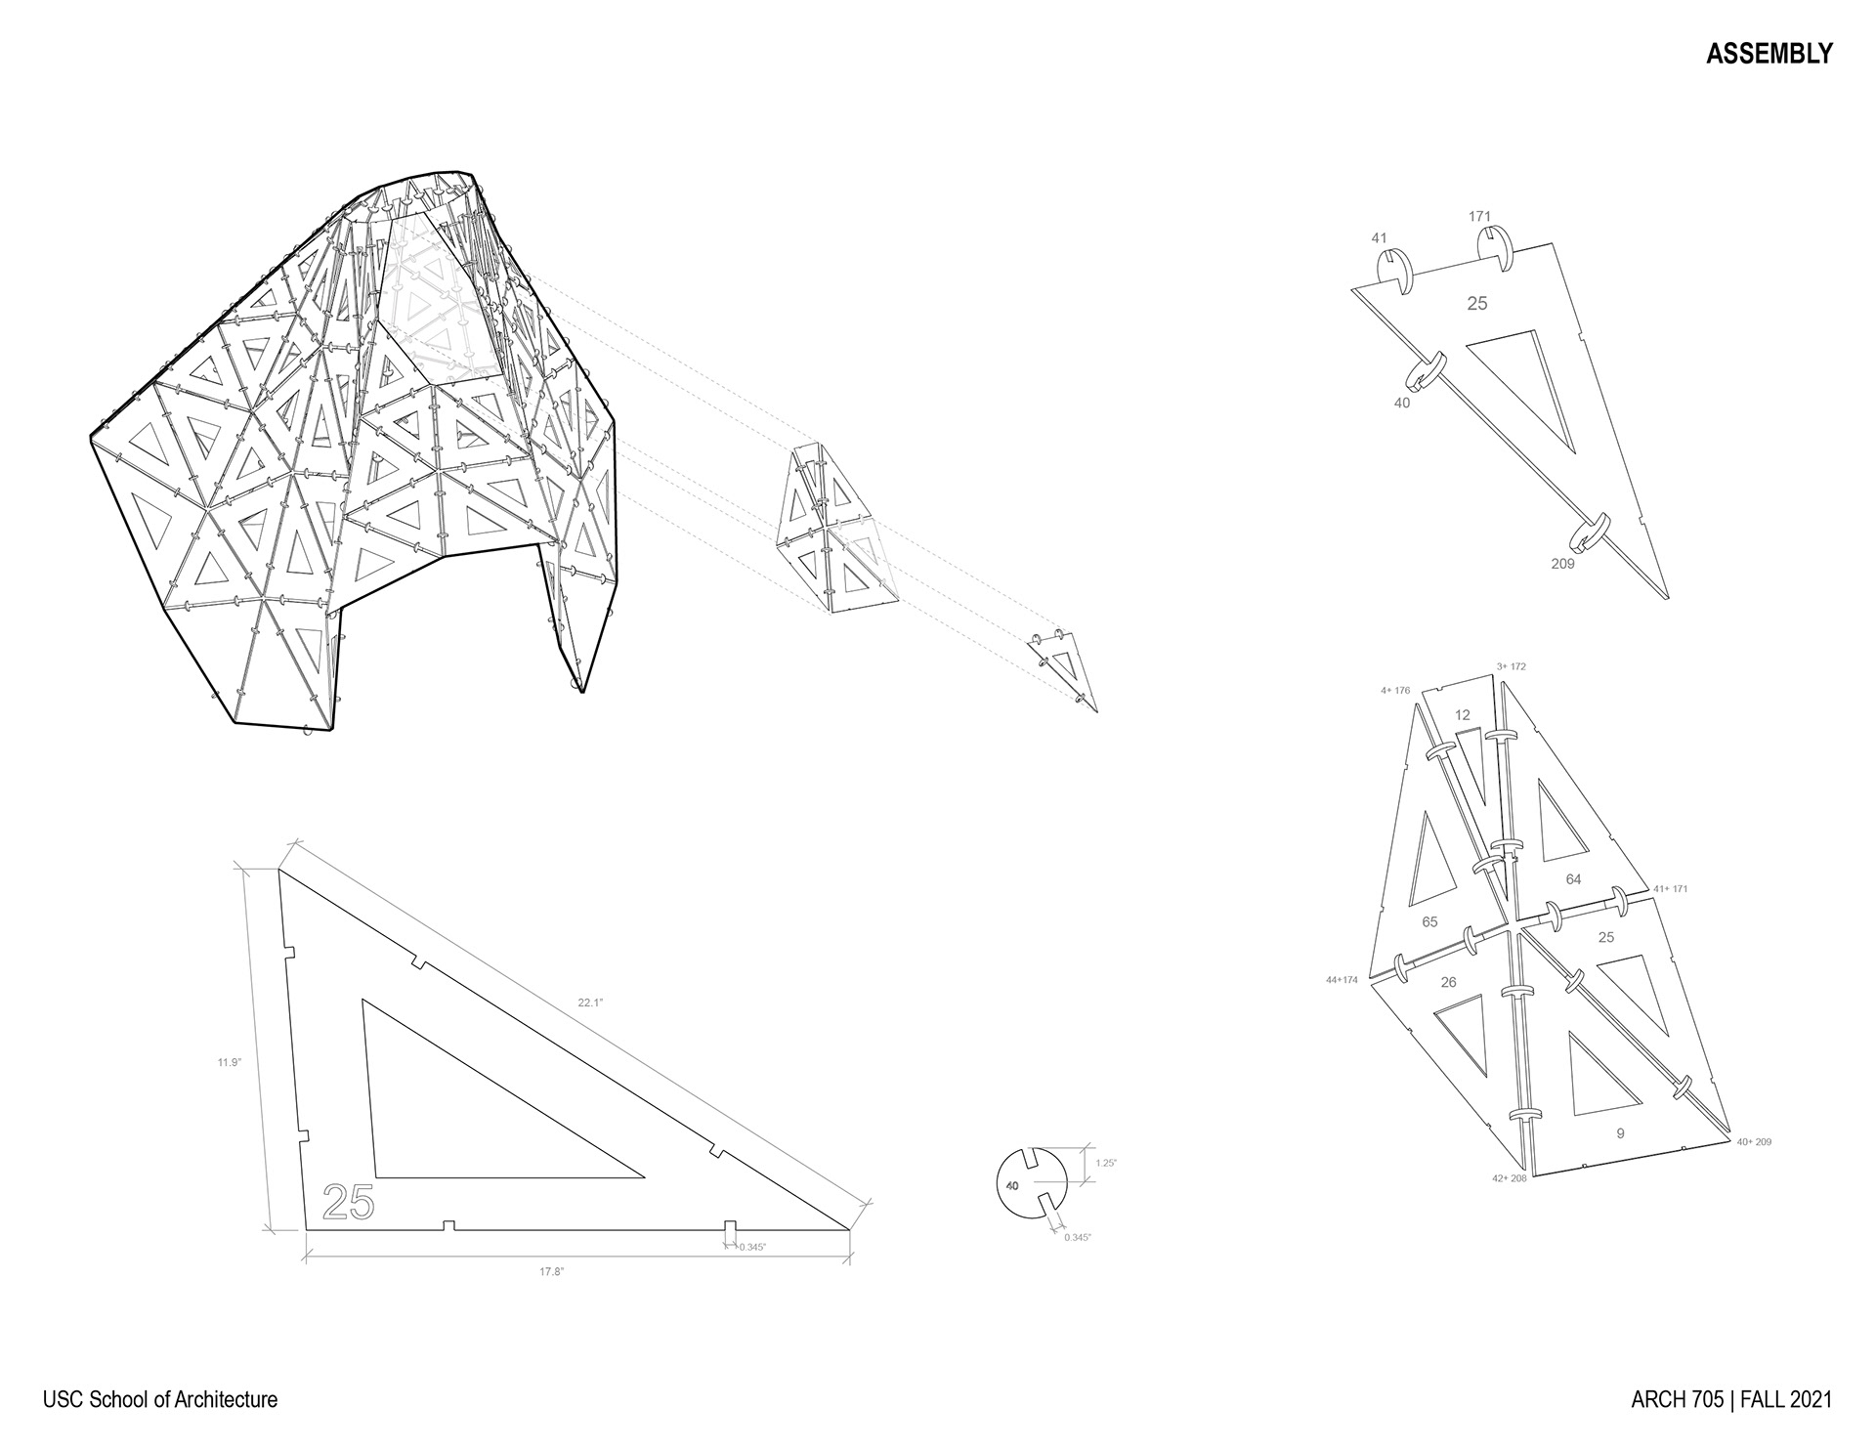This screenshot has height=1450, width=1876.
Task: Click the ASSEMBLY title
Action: (x=1769, y=55)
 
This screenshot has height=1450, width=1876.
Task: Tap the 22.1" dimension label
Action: (x=591, y=1003)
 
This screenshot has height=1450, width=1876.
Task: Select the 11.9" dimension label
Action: (x=229, y=1062)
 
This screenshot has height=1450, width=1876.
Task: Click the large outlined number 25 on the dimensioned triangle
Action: (x=348, y=1202)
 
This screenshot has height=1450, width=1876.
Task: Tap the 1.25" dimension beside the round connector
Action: (x=1106, y=1163)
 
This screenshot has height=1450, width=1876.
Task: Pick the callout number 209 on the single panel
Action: (x=1562, y=564)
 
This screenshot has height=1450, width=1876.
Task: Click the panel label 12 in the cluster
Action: (x=1462, y=715)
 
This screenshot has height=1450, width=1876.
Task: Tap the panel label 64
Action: (x=1573, y=879)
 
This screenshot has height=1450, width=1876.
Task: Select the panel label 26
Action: (x=1448, y=982)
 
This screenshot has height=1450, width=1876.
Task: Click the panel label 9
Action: (x=1620, y=1133)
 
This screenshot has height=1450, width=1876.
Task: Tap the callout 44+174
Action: (x=1342, y=979)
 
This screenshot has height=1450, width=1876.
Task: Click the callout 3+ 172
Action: (x=1511, y=666)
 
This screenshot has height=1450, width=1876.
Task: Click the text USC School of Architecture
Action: (x=160, y=1399)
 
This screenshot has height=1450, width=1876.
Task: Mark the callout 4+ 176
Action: (x=1395, y=691)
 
